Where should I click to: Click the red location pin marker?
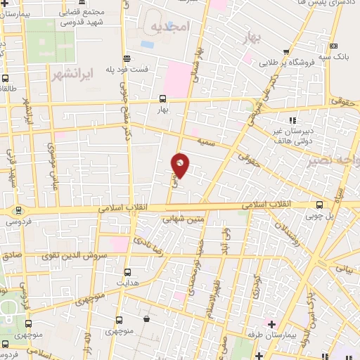tap(181, 165)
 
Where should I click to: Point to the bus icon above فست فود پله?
tap(127, 58)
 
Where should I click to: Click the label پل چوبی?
tap(321, 217)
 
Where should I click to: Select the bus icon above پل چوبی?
tap(321, 205)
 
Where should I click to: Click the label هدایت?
tap(127, 283)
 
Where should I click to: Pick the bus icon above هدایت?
tap(127, 272)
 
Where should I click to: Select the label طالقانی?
tap(8, 89)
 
